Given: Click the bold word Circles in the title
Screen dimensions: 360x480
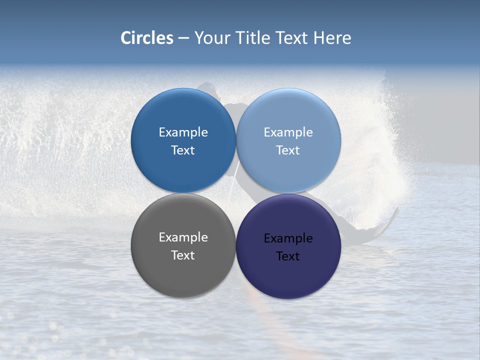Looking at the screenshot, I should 146,38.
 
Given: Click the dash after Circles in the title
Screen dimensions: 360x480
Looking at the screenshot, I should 183,38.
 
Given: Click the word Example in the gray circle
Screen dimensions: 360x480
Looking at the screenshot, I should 183,237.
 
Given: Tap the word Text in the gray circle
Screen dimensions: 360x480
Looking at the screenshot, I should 183,255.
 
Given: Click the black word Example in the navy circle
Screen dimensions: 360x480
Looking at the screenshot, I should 288,238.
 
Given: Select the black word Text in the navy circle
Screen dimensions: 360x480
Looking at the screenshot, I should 288,256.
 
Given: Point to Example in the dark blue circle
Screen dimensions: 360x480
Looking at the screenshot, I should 183,132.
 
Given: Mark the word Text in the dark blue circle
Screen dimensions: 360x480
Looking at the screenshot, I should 183,150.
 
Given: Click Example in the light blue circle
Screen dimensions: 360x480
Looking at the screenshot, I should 288,132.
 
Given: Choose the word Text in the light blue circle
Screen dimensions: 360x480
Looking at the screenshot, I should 288,150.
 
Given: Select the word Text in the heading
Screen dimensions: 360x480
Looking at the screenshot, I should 292,38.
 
